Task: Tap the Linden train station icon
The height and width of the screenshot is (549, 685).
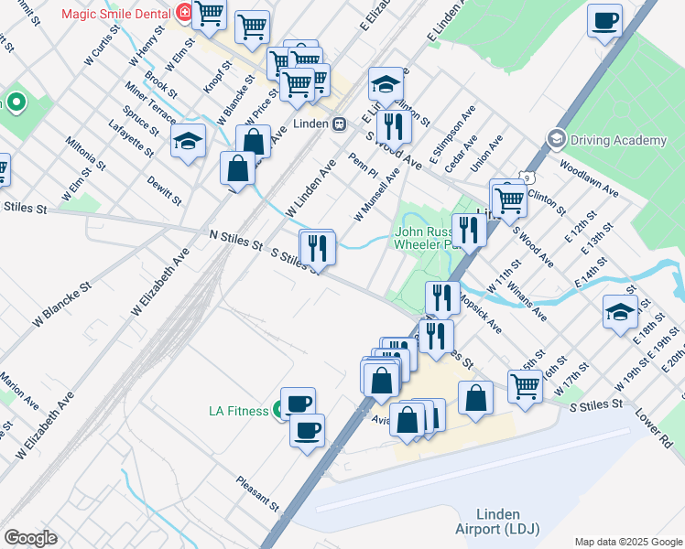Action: point(339,123)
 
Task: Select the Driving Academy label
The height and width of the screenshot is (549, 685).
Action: point(619,140)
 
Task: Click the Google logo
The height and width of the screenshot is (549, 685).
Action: point(30,538)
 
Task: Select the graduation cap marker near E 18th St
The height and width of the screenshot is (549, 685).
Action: point(620,311)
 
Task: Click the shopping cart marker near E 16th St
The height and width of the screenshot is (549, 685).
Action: point(525,385)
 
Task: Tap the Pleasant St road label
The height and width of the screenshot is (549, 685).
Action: point(256,492)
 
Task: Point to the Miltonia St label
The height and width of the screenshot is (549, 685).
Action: point(85,156)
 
